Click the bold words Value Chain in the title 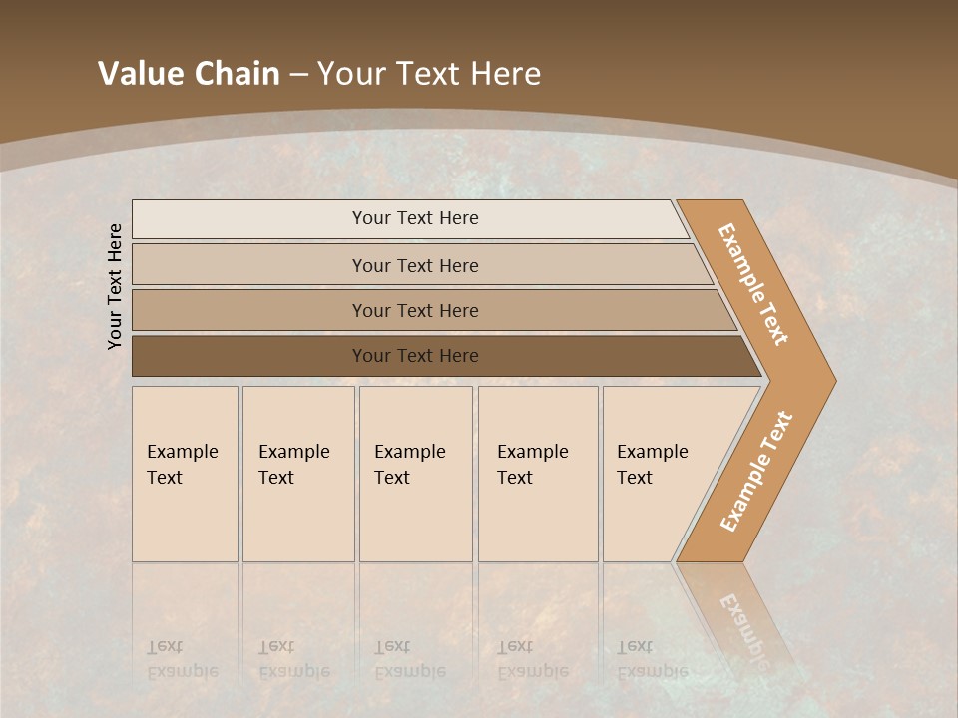(x=189, y=73)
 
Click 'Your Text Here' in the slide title (x=429, y=73)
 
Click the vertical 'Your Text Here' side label (x=115, y=286)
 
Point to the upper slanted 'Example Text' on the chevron (x=753, y=283)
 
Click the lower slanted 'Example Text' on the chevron (x=755, y=471)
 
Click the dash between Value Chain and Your (x=298, y=74)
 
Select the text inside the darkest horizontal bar (x=415, y=356)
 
